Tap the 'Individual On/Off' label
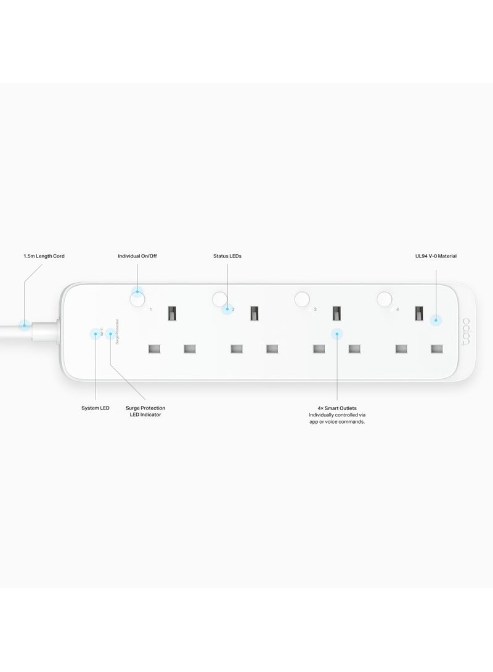tap(137, 256)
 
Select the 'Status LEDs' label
tap(226, 256)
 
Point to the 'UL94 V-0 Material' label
tap(435, 256)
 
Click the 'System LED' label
tap(96, 408)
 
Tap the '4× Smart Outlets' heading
tap(336, 408)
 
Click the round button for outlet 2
tap(219, 299)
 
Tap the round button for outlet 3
tap(301, 299)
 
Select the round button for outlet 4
tap(385, 299)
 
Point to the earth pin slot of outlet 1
tap(172, 314)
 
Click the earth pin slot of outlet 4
tap(420, 314)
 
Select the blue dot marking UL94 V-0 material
tap(435, 320)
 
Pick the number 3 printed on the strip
tap(315, 309)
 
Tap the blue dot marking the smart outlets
tap(336, 334)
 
